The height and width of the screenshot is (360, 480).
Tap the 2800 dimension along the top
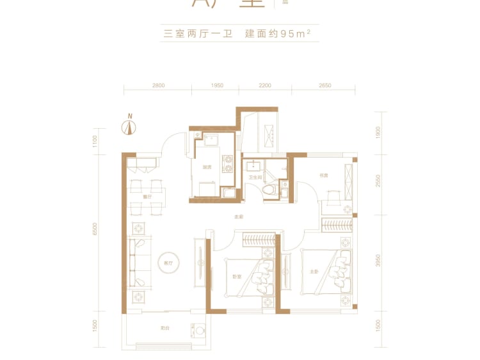[x=159, y=85]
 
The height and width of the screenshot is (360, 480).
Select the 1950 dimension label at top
[x=217, y=85]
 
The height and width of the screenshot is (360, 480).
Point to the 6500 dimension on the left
[x=95, y=229]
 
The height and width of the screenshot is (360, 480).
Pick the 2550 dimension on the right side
[x=379, y=182]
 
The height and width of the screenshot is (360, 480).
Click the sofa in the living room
[x=138, y=263]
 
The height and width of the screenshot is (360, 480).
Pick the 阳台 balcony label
[x=164, y=329]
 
